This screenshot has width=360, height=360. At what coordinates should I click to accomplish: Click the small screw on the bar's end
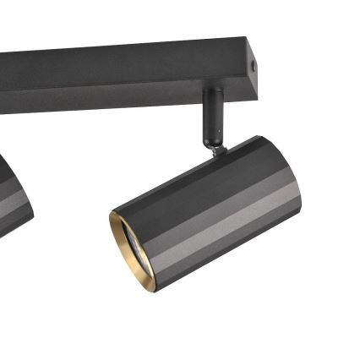pyautogui.click(x=255, y=63)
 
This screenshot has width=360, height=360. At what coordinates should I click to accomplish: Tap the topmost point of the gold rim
pyautogui.click(x=117, y=212)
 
